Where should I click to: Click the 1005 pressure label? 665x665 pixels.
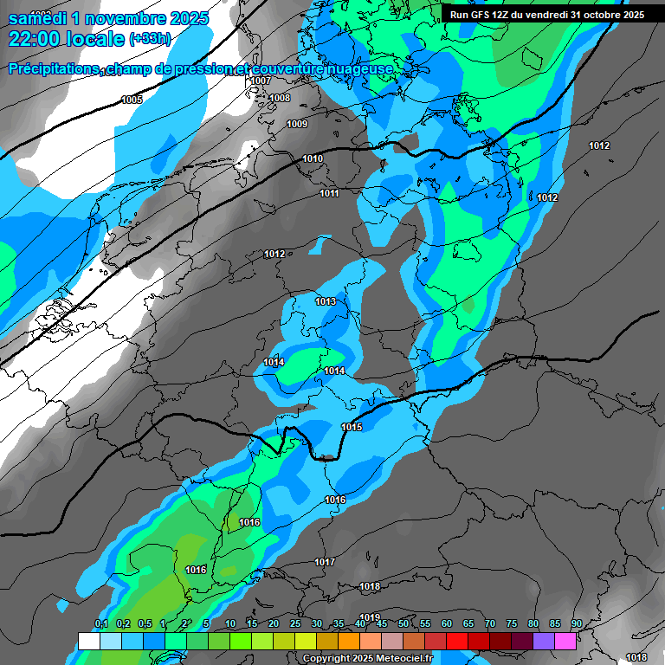click(132, 100)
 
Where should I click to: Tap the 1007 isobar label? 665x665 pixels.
click(261, 81)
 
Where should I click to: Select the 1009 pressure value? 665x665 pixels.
click(297, 124)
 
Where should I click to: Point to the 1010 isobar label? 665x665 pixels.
click(313, 158)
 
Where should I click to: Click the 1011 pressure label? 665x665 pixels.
click(329, 193)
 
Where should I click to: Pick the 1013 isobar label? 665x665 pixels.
click(326, 301)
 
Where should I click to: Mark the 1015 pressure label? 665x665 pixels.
click(352, 427)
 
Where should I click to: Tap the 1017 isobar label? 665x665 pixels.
click(325, 562)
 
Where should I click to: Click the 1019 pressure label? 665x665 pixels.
click(370, 617)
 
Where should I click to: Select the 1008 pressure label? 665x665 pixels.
click(280, 98)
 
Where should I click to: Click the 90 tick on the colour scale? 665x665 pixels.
click(576, 624)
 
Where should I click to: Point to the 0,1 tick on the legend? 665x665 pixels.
click(100, 624)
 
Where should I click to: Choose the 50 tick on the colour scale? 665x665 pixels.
click(404, 624)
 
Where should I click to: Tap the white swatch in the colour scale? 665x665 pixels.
click(88, 640)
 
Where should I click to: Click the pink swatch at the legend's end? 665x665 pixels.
click(565, 640)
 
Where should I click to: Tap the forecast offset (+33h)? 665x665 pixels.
click(150, 39)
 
